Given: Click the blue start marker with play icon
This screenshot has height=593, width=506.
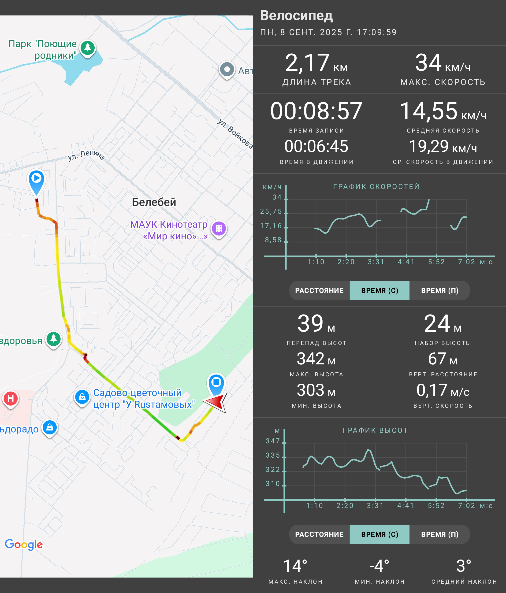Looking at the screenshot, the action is [36, 182].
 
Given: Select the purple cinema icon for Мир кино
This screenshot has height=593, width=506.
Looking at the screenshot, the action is [219, 229].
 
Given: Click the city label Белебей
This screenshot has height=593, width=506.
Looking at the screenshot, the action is [154, 202].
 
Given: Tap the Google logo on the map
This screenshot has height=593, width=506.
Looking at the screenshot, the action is [24, 545].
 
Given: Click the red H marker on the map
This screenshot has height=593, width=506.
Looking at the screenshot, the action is [11, 399].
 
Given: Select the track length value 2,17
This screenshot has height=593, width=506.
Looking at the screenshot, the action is [307, 63].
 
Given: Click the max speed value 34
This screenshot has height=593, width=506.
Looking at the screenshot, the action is [428, 63].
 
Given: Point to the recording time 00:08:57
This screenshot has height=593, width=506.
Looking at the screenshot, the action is [316, 111].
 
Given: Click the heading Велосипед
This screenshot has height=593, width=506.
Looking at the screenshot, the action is [296, 15].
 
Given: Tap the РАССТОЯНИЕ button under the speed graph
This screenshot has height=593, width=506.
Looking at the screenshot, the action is [319, 290].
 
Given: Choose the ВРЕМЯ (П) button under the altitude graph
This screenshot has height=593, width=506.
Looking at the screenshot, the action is [440, 534].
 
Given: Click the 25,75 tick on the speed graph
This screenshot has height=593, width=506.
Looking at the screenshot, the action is [271, 211].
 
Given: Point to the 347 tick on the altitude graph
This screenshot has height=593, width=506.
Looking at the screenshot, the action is [273, 441].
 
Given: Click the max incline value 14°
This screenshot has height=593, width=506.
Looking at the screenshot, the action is [295, 566].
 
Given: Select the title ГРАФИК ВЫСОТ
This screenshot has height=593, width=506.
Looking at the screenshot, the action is [375, 430].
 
